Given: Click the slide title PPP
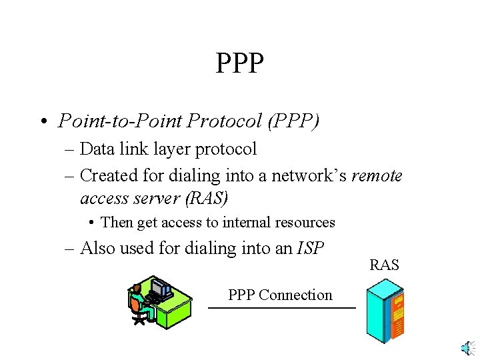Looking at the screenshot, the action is [x=240, y=64].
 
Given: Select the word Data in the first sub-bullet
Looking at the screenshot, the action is [x=99, y=149].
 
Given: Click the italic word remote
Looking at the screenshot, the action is [x=377, y=175].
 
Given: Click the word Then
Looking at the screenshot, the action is [x=117, y=223].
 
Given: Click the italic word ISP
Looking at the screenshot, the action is [x=311, y=249].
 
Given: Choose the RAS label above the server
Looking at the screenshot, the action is [x=384, y=265].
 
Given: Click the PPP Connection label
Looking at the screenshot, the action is [x=280, y=295].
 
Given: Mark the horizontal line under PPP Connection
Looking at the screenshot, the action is [x=281, y=308].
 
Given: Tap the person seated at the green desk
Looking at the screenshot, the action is [x=137, y=303].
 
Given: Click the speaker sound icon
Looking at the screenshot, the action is [x=467, y=348].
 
